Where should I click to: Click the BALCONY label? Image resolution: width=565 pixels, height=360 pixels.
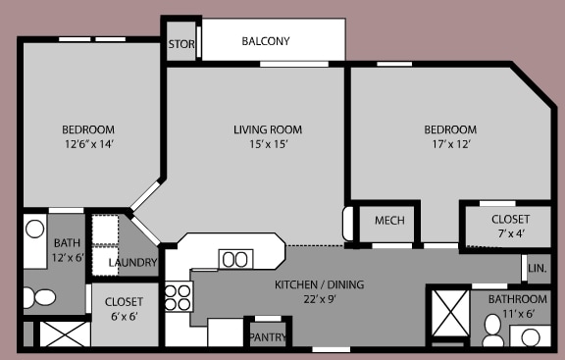267,41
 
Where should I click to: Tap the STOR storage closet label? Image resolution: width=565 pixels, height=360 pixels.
181,44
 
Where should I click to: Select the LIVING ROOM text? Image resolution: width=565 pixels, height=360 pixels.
267,129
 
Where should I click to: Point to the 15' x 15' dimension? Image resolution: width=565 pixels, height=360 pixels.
267,144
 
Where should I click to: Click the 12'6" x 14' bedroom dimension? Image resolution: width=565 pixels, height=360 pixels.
88,144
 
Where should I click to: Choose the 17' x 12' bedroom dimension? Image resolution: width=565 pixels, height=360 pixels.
450,144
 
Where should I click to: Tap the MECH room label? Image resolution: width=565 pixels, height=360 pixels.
389,221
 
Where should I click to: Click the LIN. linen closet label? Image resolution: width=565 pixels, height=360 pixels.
537,267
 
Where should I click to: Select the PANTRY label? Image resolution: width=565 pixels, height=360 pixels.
267,337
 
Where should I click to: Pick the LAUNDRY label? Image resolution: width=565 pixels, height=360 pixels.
132,262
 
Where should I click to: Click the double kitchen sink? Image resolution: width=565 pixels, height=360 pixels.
235,259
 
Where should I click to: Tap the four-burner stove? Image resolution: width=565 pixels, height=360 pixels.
177,297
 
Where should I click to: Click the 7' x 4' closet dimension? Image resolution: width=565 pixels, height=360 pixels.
510,232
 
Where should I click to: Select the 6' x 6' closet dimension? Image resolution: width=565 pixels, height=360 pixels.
124,316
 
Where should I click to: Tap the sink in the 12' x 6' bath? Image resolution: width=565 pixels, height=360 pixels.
35,231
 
